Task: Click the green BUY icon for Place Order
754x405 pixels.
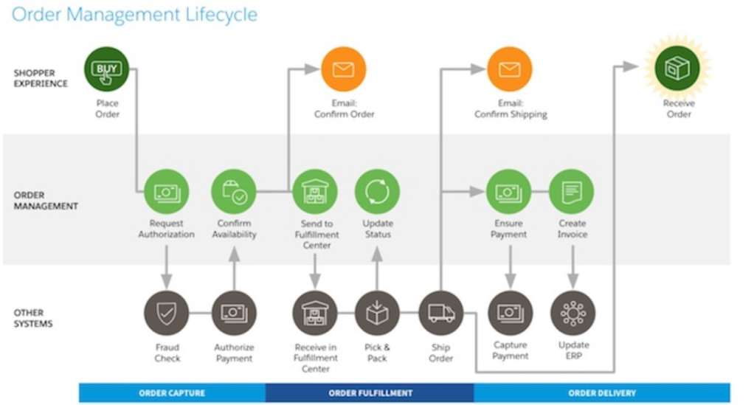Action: pos(107,69)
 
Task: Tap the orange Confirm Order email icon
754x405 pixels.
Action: pos(344,69)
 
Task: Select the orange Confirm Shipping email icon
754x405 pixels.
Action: pos(509,69)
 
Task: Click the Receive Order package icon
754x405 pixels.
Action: pos(678,69)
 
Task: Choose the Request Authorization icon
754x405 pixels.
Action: pos(166,192)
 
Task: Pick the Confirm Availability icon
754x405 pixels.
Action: pos(234,192)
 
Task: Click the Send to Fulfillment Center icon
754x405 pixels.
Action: pos(315,192)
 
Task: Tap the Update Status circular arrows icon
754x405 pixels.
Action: pos(377,192)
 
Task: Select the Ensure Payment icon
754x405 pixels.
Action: pos(509,192)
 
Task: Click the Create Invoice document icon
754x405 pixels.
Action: pos(572,192)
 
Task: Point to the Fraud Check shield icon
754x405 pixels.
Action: pos(166,314)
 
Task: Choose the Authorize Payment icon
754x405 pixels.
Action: pos(234,314)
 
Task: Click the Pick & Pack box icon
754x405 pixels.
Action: pos(377,314)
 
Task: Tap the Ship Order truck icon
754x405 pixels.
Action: pos(440,314)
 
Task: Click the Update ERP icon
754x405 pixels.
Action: pos(573,314)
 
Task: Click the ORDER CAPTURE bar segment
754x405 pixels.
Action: pos(172,393)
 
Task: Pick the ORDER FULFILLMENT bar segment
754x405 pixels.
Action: pos(370,393)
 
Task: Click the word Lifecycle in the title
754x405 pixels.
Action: pos(214,15)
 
